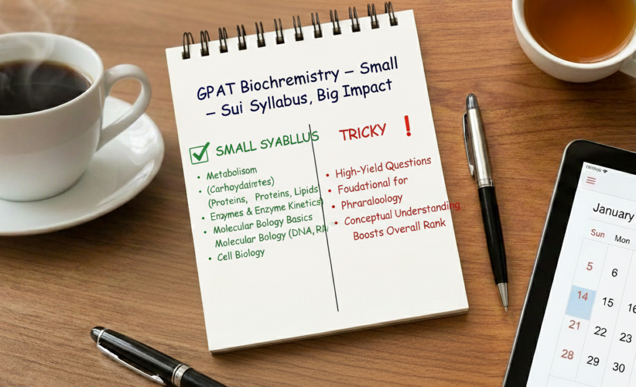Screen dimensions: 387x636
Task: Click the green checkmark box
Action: (x=199, y=153)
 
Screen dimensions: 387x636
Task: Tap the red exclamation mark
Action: (x=407, y=125)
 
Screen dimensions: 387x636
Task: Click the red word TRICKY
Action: (x=363, y=131)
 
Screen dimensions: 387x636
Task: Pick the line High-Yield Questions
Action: (x=383, y=167)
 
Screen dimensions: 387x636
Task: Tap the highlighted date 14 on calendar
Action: (x=583, y=296)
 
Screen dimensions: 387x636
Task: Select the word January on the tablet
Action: (x=612, y=211)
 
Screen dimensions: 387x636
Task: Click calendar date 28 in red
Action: (x=568, y=354)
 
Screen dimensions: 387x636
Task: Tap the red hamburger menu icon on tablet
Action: (x=591, y=181)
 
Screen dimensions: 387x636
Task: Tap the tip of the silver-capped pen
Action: (x=505, y=304)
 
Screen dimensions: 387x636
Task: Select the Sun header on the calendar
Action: (x=597, y=234)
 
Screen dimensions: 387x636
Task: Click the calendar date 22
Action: (x=600, y=331)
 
